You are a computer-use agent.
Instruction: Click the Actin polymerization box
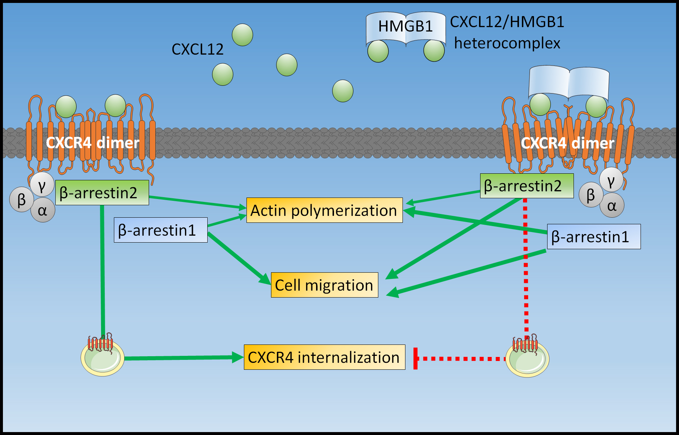324,210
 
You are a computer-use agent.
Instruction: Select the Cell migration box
324,285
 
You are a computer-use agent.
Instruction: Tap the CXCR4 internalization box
324,357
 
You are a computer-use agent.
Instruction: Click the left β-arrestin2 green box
102,192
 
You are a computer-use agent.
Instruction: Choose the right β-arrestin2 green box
527,186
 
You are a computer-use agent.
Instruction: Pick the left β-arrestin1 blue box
160,230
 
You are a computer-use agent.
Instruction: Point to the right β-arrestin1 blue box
594,237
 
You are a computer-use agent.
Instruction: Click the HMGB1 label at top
405,26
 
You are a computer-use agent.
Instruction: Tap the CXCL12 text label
197,49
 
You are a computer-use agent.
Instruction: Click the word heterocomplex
507,43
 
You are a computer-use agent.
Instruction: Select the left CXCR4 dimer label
93,143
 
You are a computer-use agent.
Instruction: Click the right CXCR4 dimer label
567,143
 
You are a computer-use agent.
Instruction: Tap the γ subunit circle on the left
42,184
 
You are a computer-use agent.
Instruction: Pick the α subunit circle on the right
612,206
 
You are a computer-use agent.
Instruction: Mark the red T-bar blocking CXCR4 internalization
416,359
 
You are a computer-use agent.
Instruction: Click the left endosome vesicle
103,358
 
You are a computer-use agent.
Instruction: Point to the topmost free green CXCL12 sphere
242,35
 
